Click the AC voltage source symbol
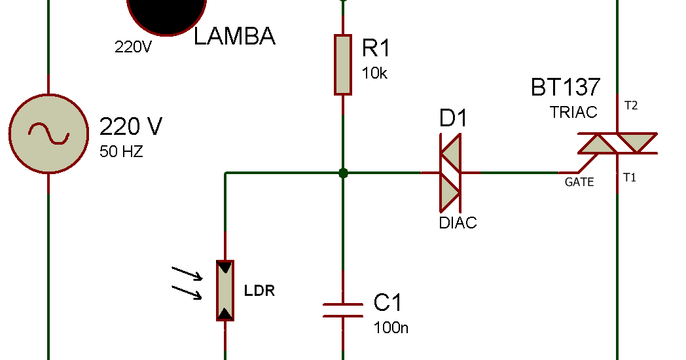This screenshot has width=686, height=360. pyautogui.click(x=48, y=134)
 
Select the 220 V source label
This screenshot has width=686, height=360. pyautogui.click(x=130, y=126)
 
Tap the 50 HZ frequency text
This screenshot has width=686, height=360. pyautogui.click(x=121, y=152)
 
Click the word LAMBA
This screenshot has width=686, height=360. pyautogui.click(x=234, y=37)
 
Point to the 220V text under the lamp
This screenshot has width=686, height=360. pyautogui.click(x=133, y=47)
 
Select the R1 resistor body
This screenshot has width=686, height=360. pyautogui.click(x=342, y=65)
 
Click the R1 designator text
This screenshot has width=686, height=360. pyautogui.click(x=376, y=48)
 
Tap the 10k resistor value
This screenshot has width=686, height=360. pyautogui.click(x=374, y=73)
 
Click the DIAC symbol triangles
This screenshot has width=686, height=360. pyautogui.click(x=450, y=173)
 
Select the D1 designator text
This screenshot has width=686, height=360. pyautogui.click(x=454, y=119)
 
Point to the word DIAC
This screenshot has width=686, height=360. pyautogui.click(x=458, y=223)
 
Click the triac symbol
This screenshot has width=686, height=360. pyautogui.click(x=617, y=143)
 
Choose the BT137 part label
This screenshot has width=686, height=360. pyautogui.click(x=565, y=87)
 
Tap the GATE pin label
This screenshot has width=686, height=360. pyautogui.click(x=579, y=182)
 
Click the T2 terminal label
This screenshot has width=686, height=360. pyautogui.click(x=631, y=105)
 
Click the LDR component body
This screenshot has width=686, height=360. pyautogui.click(x=225, y=290)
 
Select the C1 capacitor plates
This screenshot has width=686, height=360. pyautogui.click(x=342, y=310)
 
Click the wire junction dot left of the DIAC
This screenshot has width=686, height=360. pyautogui.click(x=342, y=173)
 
